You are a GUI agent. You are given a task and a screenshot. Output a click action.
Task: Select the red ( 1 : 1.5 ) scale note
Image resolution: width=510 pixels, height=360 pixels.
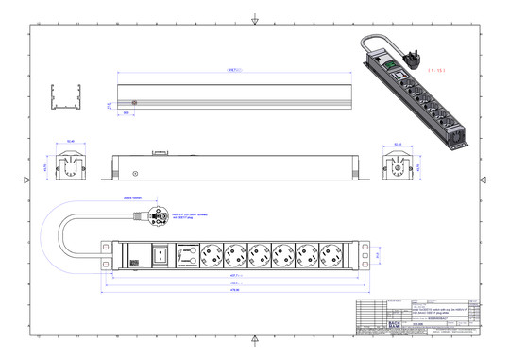(436, 71)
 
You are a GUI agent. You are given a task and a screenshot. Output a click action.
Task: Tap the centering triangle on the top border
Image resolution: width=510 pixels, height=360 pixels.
(255, 20)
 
